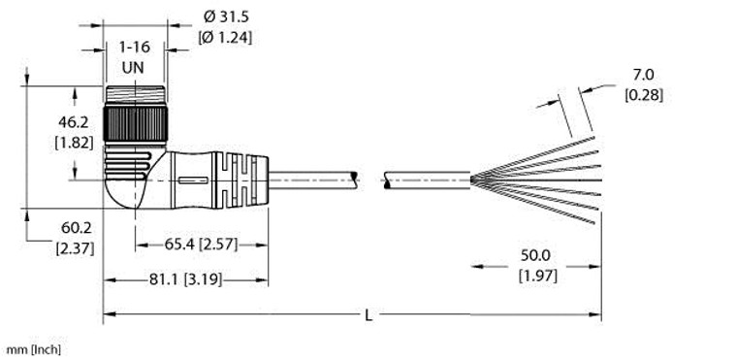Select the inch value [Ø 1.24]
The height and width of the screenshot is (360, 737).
tap(232, 38)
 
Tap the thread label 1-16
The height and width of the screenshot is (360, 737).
tap(135, 47)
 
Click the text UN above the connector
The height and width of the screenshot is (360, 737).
tap(135, 67)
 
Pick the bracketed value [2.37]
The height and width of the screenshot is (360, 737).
tap(47, 247)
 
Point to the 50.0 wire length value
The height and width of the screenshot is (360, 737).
tap(535, 256)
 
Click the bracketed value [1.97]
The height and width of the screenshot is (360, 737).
tap(535, 276)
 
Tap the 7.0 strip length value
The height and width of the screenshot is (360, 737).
tap(644, 75)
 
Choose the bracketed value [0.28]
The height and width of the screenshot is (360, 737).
tap(644, 94)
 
